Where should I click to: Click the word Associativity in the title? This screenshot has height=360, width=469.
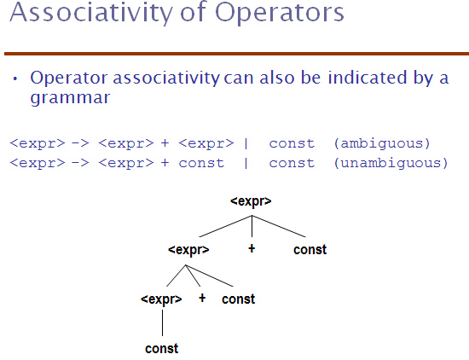coord(91,13)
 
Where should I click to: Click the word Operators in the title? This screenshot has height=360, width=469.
coord(280,13)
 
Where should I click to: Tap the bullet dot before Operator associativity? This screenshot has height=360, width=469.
coord(15,79)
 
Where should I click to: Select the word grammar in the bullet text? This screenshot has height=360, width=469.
coord(70,98)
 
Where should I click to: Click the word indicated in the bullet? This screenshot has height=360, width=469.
coord(368,78)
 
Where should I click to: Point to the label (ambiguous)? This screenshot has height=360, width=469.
coord(382,143)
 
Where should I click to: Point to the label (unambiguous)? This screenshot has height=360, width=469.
coord(391,163)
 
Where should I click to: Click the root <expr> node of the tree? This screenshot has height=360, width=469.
coord(251,201)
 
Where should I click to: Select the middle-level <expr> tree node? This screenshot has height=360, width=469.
coord(188,250)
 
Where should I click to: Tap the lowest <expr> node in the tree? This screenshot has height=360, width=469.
coord(161,299)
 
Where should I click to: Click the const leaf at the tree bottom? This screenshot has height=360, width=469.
coord(162,349)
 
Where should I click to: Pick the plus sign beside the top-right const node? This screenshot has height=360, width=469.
coord(252,248)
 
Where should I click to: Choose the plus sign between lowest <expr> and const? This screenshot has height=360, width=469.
coord(202,298)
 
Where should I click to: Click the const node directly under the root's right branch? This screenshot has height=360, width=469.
coord(310,250)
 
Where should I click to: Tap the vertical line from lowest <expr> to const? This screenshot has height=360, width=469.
coord(162,322)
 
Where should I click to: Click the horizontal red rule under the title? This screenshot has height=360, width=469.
coord(236,54)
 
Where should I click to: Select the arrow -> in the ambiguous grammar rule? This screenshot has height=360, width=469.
coord(80,143)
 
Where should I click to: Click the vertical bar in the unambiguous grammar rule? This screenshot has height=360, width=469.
coord(246,163)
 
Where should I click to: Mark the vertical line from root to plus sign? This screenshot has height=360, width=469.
coord(252,226)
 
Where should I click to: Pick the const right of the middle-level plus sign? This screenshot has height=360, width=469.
coord(239,299)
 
